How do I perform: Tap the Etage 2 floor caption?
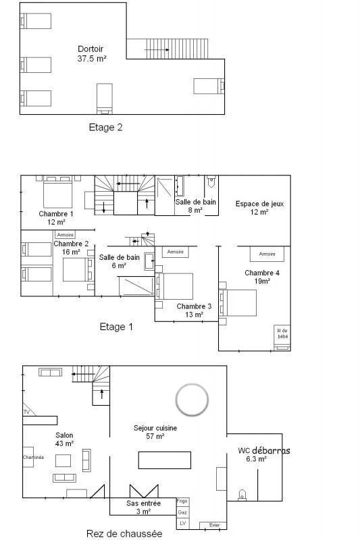[105, 127]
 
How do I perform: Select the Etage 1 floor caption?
[116, 327]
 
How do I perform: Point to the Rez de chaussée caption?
[124, 533]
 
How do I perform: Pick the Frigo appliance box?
[182, 502]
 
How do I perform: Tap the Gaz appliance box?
[182, 512]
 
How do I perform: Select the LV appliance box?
[182, 524]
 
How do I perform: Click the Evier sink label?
[213, 525]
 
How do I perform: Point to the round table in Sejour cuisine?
[191, 400]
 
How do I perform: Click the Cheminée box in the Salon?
[28, 457]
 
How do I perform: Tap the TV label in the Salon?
[26, 411]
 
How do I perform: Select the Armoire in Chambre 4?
[267, 254]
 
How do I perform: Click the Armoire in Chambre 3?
[176, 252]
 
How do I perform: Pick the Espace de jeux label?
[255, 207]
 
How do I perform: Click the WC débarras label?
[261, 454]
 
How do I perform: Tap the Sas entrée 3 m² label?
[143, 508]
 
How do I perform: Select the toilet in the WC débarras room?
[241, 494]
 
